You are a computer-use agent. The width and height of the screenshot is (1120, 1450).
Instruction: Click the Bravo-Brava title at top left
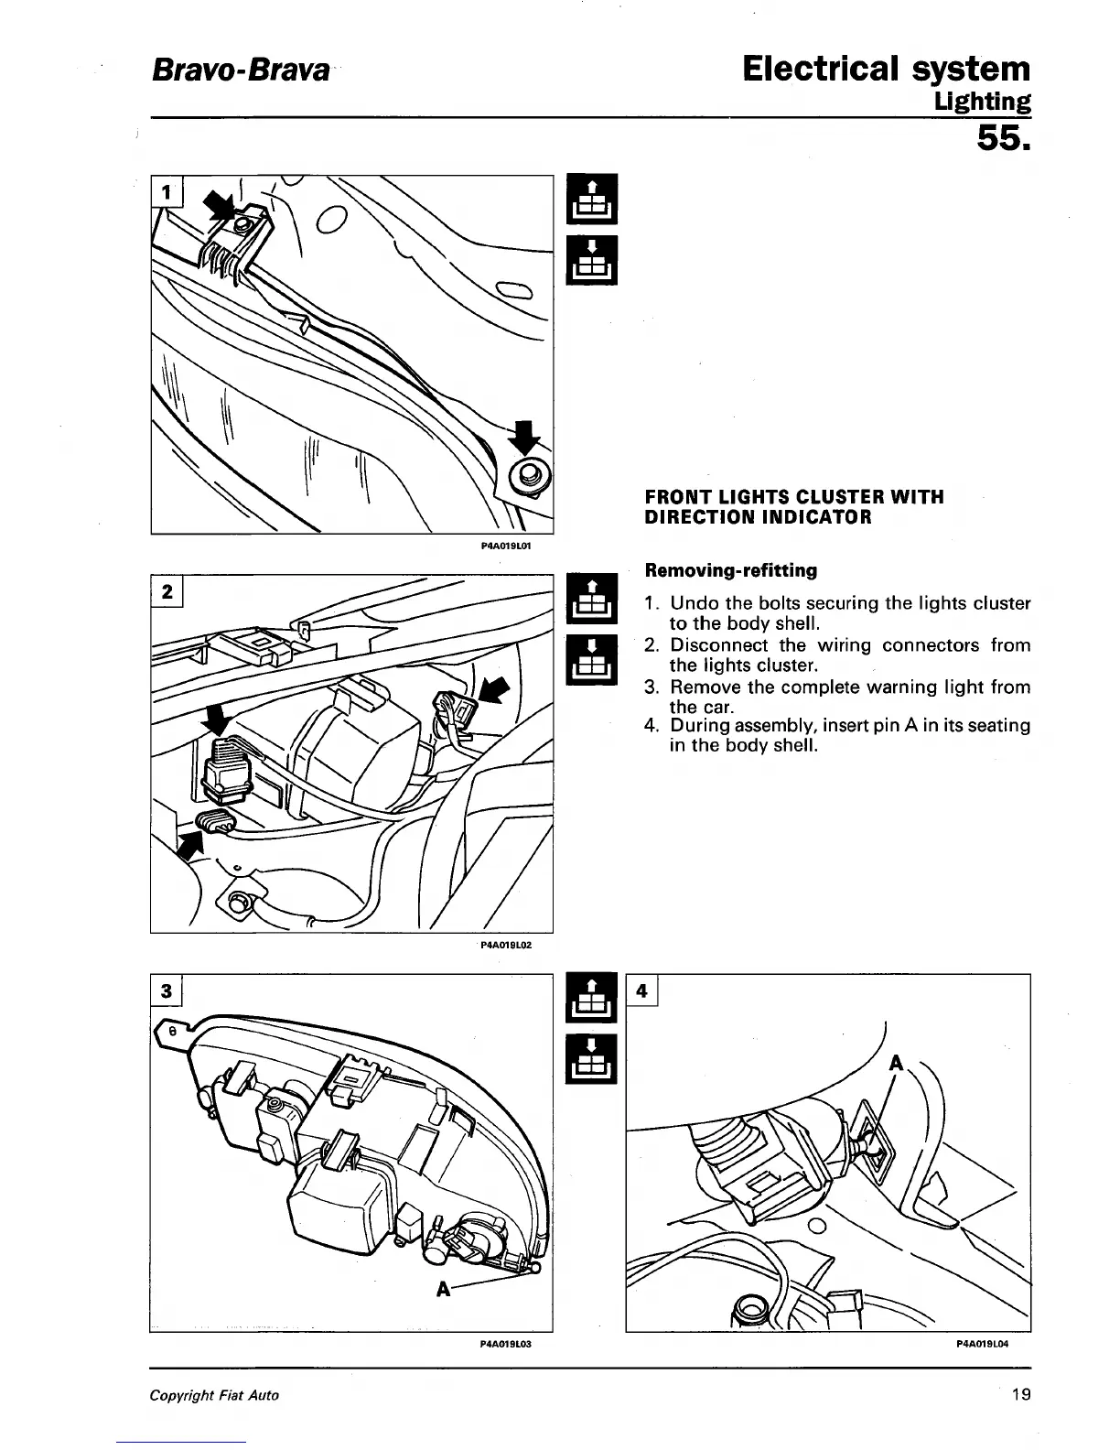click(x=239, y=70)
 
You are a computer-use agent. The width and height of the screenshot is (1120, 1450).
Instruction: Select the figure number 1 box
click(x=166, y=192)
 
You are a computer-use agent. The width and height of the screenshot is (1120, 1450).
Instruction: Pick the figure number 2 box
click(x=167, y=591)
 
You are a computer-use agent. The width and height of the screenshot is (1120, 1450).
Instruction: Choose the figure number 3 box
click(x=167, y=990)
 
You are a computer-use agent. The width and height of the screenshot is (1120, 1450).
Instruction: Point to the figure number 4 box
click(x=642, y=990)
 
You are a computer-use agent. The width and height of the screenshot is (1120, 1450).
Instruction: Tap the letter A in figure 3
click(x=444, y=1289)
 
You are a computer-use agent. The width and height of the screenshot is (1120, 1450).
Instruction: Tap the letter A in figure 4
click(x=896, y=1064)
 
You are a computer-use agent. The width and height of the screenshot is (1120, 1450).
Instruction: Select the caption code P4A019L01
click(x=506, y=545)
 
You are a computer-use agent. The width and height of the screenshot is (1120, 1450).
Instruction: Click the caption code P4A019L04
click(x=981, y=1345)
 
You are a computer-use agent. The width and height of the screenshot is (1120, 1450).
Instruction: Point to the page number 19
click(x=1021, y=1395)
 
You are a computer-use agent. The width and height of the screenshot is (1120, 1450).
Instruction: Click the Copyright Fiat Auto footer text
click(x=214, y=1395)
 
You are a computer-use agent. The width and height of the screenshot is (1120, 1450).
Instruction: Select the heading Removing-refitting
click(x=731, y=570)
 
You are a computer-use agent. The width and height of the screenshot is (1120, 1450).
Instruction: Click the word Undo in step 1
click(x=695, y=603)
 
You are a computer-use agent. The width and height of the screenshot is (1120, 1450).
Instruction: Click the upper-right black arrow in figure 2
click(x=494, y=688)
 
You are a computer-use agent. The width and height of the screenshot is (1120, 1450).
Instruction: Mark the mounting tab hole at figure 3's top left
click(x=171, y=1031)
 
